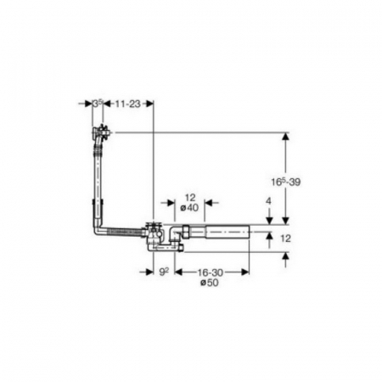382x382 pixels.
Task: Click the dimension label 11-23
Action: pyautogui.click(x=127, y=104)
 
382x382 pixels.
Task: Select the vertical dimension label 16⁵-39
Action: pyautogui.click(x=286, y=182)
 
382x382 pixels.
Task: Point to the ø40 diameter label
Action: pyautogui.click(x=189, y=208)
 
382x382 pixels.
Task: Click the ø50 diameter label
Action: pyautogui.click(x=210, y=283)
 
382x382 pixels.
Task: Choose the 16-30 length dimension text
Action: pyautogui.click(x=211, y=272)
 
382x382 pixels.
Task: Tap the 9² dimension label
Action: pyautogui.click(x=164, y=272)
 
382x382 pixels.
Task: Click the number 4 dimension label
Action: pyautogui.click(x=268, y=201)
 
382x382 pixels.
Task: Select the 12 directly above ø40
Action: pyautogui.click(x=190, y=198)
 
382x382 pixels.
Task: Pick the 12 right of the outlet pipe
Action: pyautogui.click(x=285, y=239)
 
